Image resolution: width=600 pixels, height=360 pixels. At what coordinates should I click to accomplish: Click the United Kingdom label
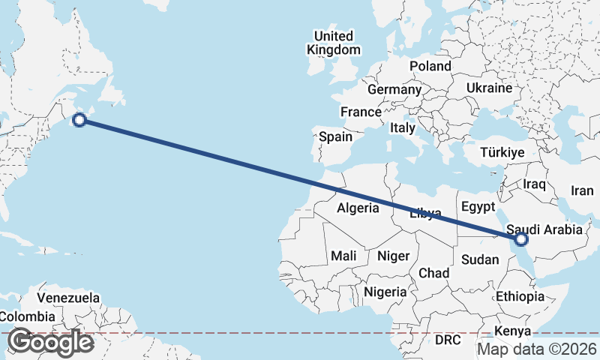333,43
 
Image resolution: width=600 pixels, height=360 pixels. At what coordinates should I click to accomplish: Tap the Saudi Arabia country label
544,229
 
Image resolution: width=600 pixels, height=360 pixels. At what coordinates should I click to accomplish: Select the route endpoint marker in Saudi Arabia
522,239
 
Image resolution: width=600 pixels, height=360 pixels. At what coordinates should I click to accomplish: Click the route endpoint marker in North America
79,118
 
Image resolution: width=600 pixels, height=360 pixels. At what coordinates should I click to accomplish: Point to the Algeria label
358,208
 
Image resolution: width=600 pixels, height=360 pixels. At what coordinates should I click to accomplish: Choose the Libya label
425,214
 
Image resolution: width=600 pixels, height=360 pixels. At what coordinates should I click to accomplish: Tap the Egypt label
478,206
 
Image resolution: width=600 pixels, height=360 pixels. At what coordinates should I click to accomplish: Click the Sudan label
479,259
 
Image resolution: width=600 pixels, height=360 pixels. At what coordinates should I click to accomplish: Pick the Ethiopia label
520,296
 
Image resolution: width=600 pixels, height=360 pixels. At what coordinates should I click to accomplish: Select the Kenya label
513,331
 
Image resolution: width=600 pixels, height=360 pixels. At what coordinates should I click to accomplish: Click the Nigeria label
385,291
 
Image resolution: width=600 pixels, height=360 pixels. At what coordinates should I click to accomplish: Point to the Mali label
343,256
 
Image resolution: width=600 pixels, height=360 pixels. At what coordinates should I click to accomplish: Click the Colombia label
27,316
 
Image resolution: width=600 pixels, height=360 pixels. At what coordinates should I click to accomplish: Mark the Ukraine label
488,88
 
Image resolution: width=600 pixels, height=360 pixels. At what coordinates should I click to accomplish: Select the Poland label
430,66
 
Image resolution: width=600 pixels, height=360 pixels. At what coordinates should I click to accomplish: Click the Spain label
335,136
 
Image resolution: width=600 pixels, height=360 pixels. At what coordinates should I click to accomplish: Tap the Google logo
50,342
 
